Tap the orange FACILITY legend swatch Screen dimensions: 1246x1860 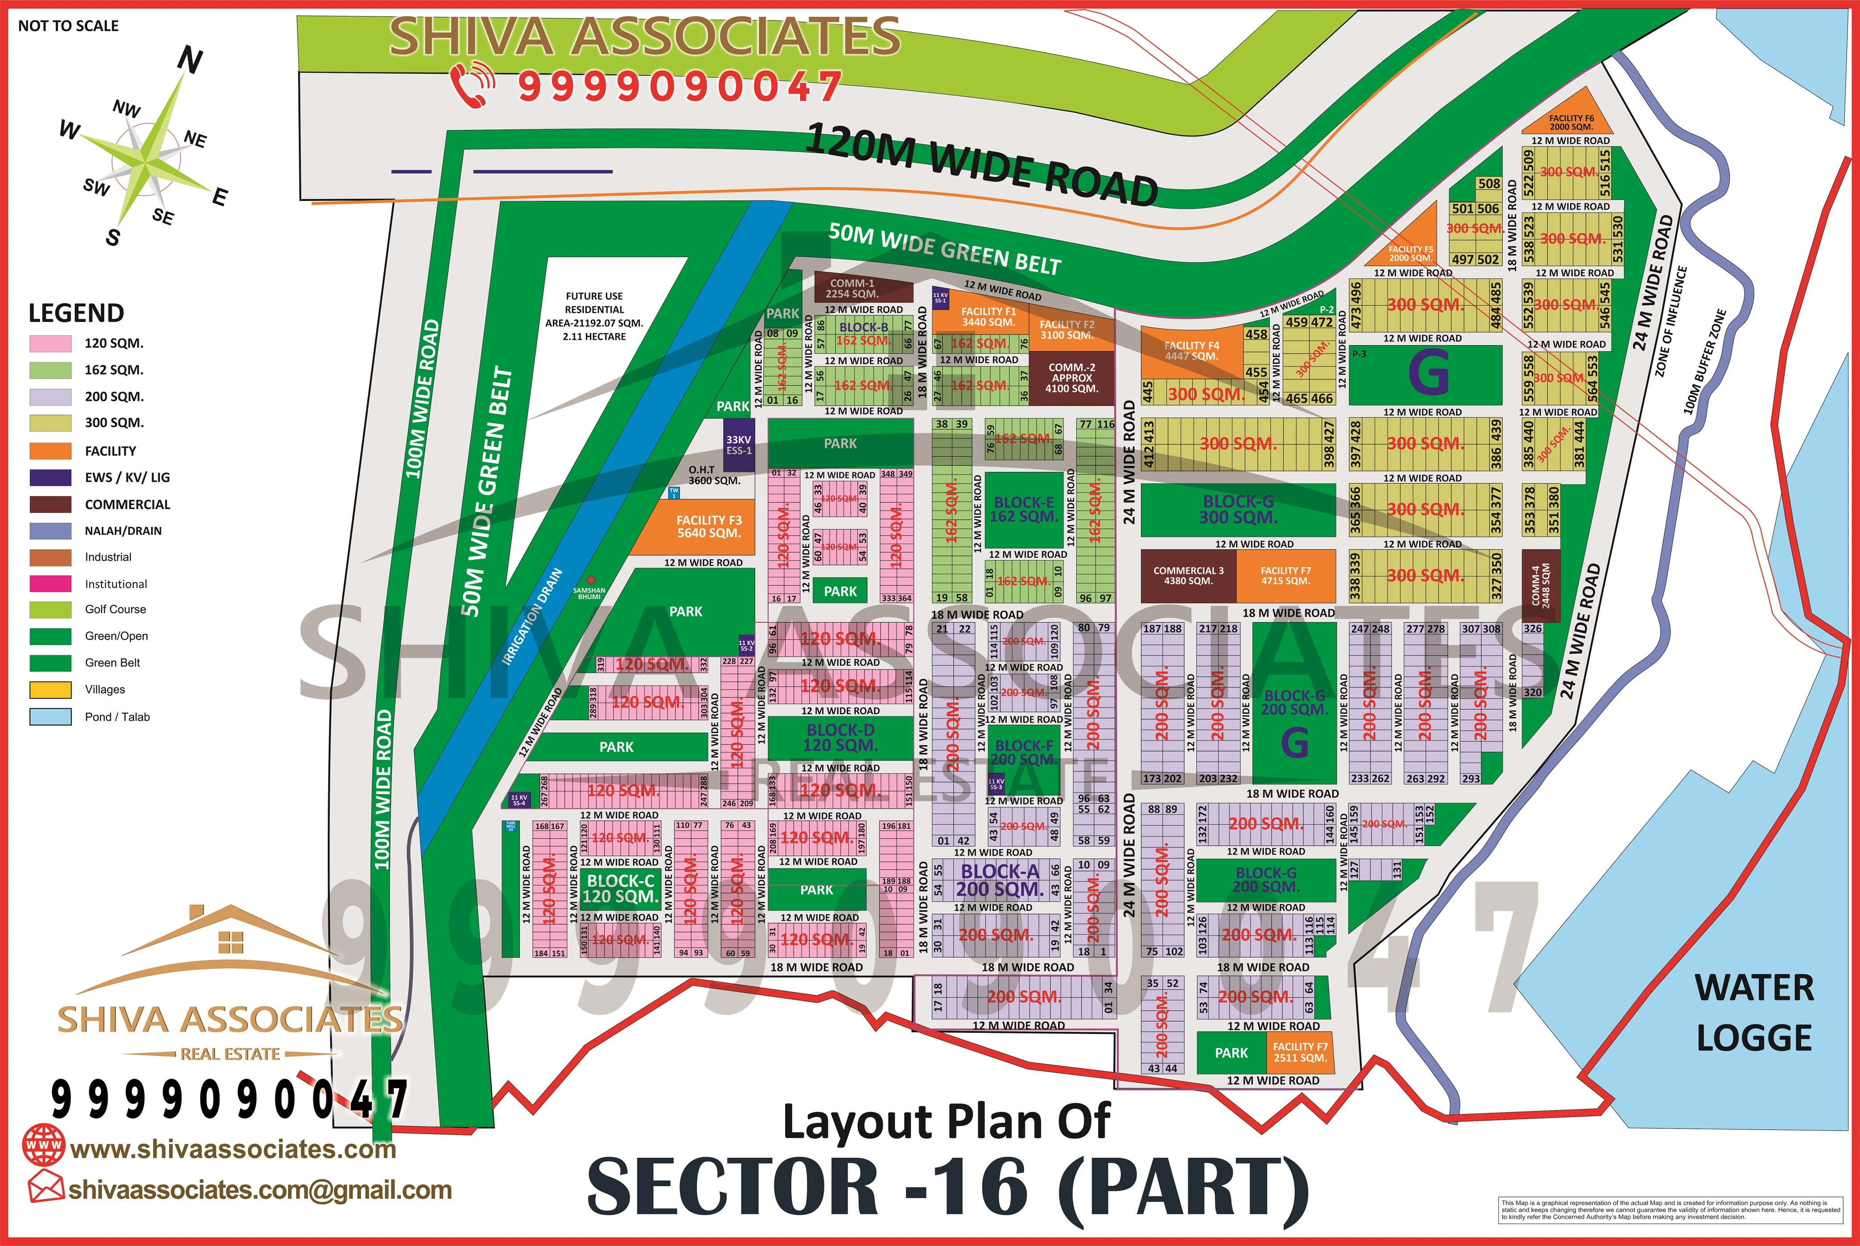click(50, 451)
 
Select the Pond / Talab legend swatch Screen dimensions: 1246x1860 click(50, 716)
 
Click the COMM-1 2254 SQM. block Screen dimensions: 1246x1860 click(863, 288)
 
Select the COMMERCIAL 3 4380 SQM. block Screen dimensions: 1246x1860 click(1188, 576)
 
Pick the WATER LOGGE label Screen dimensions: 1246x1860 click(1754, 1012)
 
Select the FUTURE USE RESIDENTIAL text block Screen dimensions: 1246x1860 click(594, 316)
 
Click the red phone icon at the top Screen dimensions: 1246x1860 click(472, 85)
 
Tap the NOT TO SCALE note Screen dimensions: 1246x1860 click(68, 25)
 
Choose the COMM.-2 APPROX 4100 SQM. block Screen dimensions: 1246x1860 click(1071, 378)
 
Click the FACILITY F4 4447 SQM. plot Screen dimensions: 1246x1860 click(1190, 350)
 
